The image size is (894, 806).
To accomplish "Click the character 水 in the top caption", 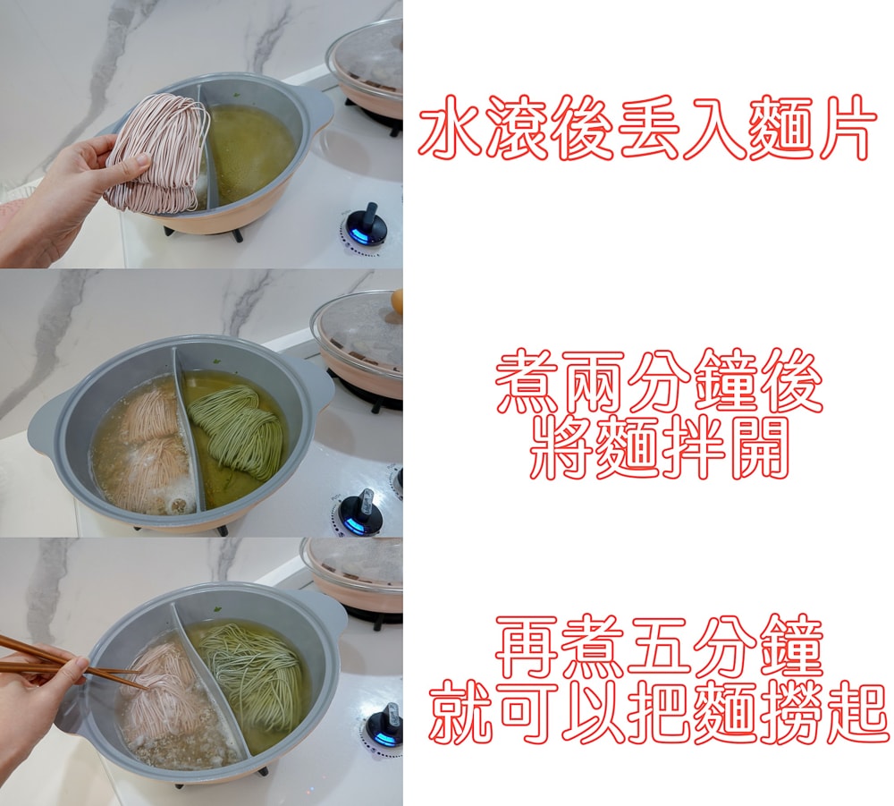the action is pyautogui.click(x=450, y=128).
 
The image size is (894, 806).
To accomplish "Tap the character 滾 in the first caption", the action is pyautogui.click(x=515, y=128).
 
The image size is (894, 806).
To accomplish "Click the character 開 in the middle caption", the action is pyautogui.click(x=759, y=447).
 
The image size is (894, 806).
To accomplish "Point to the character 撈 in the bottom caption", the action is pyautogui.click(x=791, y=711).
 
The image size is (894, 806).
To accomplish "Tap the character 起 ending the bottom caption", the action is pyautogui.click(x=856, y=711).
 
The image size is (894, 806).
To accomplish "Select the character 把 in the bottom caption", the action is pyautogui.click(x=659, y=711).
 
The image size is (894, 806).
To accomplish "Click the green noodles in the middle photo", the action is pyautogui.click(x=238, y=430).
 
